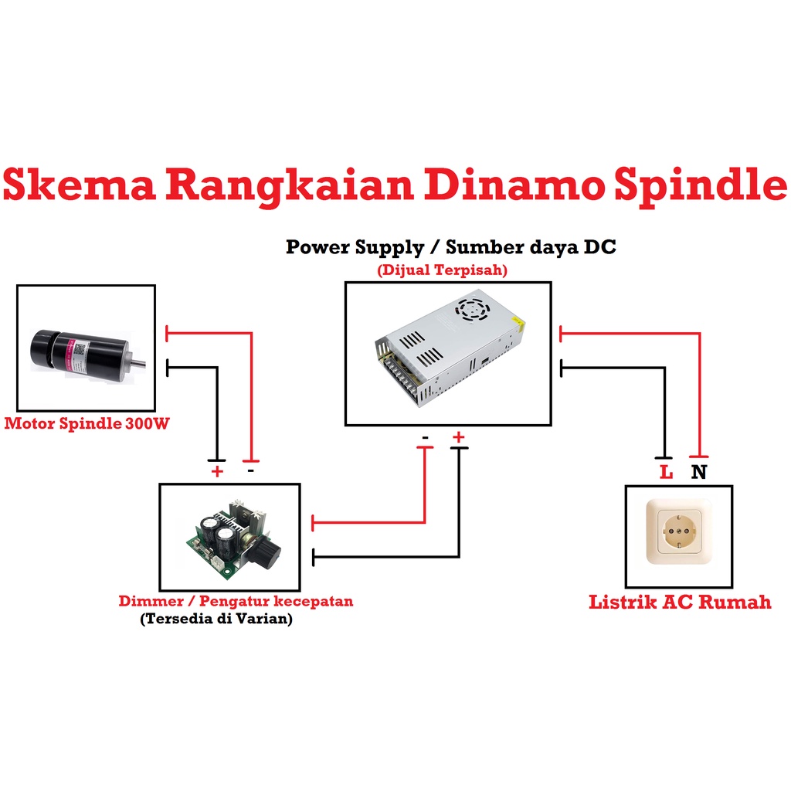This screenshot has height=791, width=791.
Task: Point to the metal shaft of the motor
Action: point(139,360)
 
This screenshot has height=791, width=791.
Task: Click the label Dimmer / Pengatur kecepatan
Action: point(236,601)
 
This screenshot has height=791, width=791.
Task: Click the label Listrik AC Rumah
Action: point(680,603)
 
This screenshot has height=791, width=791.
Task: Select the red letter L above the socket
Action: point(666,472)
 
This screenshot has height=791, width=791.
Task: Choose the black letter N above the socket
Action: point(699,472)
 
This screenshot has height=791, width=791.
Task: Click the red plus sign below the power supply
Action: point(459,438)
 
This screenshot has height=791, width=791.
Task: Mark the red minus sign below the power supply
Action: point(425,438)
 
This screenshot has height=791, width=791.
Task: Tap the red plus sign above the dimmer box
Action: point(216,470)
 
